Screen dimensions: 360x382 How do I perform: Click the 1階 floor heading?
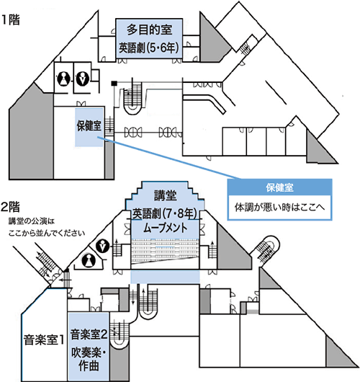pos(11,20)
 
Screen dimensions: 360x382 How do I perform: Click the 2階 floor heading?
pos(10,207)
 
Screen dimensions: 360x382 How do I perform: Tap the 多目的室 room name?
pos(149,30)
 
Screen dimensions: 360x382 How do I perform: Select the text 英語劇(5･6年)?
pos(149,48)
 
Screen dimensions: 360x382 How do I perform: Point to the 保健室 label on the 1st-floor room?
pos(89,125)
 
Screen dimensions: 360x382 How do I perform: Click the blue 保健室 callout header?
pos(279,187)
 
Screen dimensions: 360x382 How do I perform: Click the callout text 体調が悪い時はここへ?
pos(279,208)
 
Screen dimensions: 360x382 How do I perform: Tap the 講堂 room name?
pos(166,195)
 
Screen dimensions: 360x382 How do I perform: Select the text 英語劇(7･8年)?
pos(165,213)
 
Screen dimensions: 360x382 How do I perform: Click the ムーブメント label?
pos(166,228)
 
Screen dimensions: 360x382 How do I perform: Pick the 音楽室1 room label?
pos(44,339)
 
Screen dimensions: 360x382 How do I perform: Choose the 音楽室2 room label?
pos(89,334)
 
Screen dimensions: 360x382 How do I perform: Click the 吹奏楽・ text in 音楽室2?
pos(89,352)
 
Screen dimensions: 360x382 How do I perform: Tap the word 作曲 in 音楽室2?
pos(89,365)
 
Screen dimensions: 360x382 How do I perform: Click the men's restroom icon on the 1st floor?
pos(82,79)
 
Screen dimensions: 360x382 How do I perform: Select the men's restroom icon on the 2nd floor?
pos(102,246)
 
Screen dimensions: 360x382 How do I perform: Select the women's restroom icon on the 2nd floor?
pos(89,260)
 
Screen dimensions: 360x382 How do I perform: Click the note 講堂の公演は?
pos(32,221)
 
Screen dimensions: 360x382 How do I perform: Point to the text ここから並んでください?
pos(47,233)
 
